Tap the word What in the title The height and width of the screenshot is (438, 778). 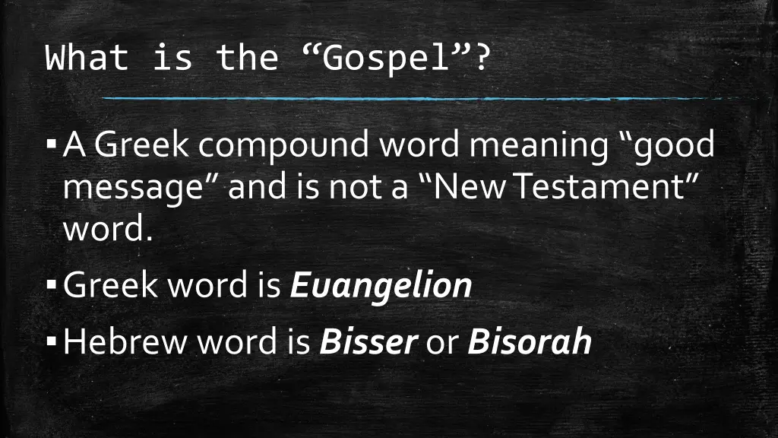[87, 59]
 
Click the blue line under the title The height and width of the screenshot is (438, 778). [410, 99]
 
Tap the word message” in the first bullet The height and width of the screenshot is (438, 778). [141, 187]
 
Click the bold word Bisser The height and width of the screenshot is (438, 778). [368, 342]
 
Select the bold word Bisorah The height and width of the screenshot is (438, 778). [530, 342]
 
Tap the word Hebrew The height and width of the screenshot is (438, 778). [126, 342]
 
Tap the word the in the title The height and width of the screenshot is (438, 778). [248, 59]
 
